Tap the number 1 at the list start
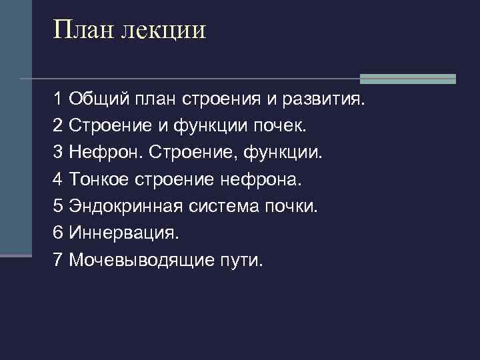coord(58,99)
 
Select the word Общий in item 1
coord(100,99)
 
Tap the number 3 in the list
coord(58,153)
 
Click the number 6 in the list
coord(58,233)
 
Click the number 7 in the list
coord(58,259)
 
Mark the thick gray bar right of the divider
coord(407,79)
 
